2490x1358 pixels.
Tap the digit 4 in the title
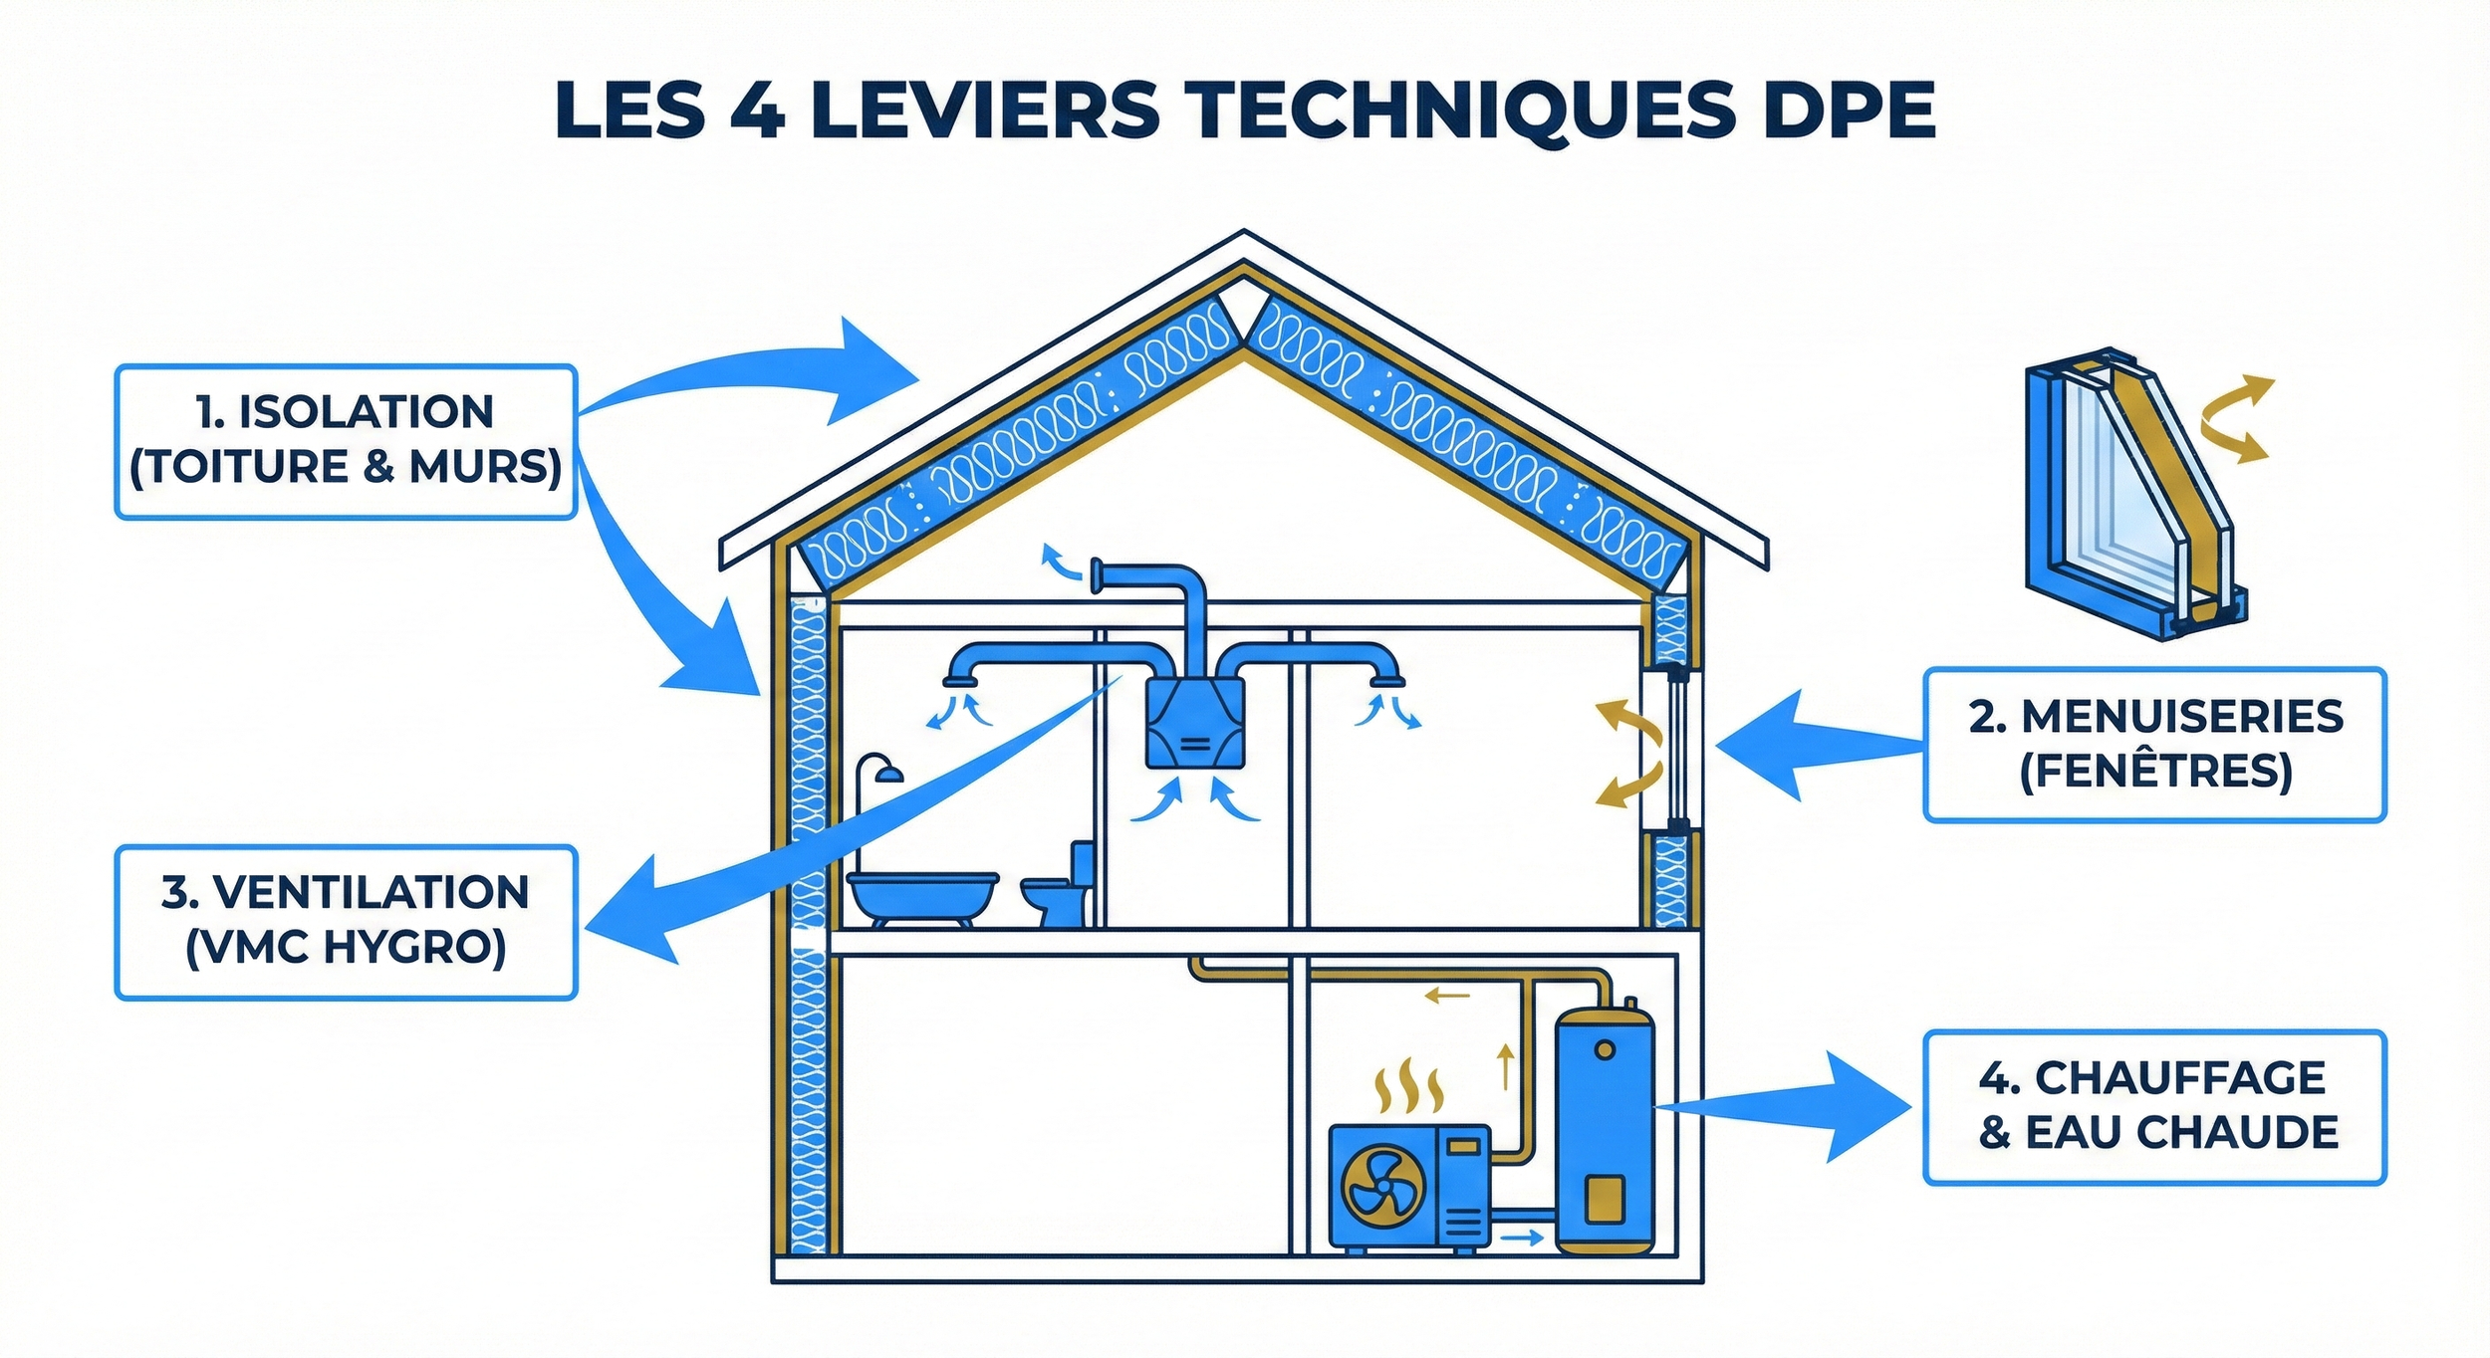(x=758, y=110)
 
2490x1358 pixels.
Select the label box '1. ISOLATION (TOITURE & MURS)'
(x=346, y=441)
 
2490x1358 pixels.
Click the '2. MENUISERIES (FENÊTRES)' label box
(x=2154, y=745)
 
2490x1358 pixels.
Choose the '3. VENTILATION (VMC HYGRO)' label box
(x=346, y=922)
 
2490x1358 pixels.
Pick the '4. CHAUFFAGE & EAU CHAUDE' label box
(x=2154, y=1107)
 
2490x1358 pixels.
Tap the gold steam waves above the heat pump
(x=1408, y=1087)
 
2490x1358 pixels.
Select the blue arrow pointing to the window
(x=1803, y=745)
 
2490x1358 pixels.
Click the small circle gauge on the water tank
(x=1605, y=1050)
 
